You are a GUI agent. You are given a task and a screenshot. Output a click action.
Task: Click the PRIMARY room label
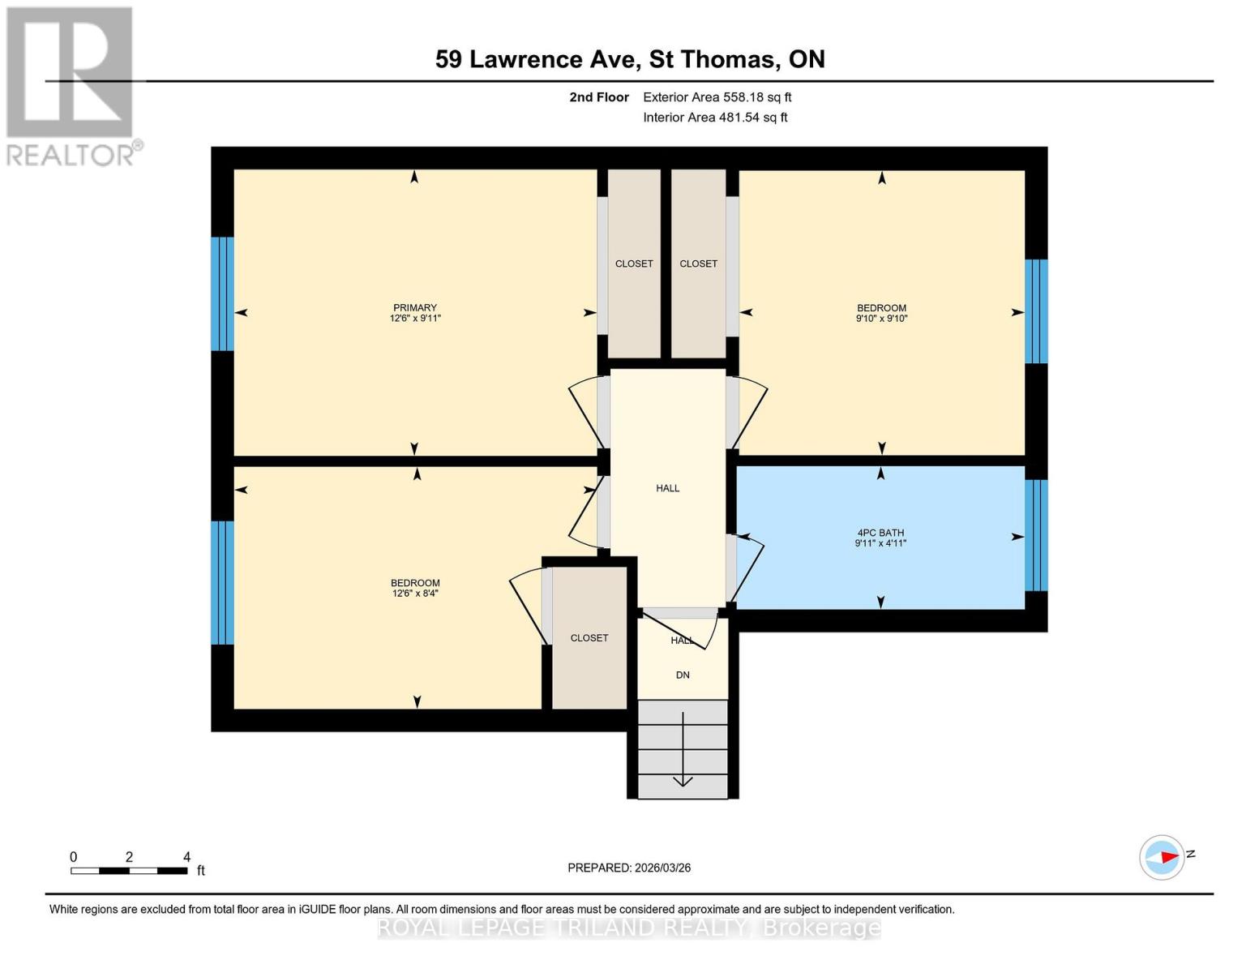click(414, 307)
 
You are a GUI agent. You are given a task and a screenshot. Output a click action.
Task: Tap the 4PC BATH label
click(880, 533)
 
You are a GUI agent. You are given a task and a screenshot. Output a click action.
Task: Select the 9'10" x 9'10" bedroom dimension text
click(881, 319)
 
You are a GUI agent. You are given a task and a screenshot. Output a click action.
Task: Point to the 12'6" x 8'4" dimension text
click(415, 594)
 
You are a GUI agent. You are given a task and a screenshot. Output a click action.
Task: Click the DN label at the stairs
click(683, 675)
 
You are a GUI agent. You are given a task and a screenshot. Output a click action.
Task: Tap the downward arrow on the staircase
click(683, 750)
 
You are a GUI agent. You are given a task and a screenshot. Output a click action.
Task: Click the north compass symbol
click(1163, 857)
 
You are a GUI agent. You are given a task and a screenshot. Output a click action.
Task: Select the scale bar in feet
click(130, 871)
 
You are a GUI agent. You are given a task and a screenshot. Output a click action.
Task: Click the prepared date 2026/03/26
click(629, 868)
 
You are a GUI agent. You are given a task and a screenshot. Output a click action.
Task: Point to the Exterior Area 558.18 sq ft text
click(717, 97)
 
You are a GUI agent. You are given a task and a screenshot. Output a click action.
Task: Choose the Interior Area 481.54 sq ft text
click(715, 118)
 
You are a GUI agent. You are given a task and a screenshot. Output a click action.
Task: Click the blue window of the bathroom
click(1036, 535)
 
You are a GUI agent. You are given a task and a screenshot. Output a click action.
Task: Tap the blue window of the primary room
click(222, 294)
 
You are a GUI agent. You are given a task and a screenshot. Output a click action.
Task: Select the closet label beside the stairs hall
click(589, 638)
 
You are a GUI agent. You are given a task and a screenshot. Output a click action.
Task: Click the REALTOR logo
click(71, 85)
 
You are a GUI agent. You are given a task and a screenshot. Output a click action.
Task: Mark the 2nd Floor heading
click(599, 97)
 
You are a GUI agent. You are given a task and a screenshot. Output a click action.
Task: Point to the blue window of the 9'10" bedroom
click(1036, 311)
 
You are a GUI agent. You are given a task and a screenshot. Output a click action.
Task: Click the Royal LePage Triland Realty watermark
click(629, 928)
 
